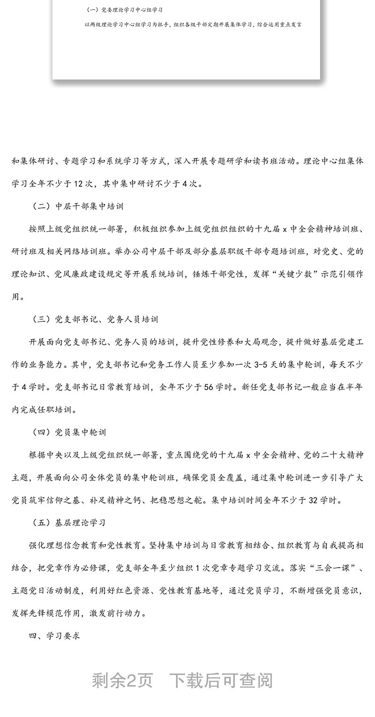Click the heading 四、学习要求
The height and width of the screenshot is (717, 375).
point(54,636)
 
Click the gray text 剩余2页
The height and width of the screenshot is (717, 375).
point(122,680)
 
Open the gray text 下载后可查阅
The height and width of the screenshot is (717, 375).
point(221,680)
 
